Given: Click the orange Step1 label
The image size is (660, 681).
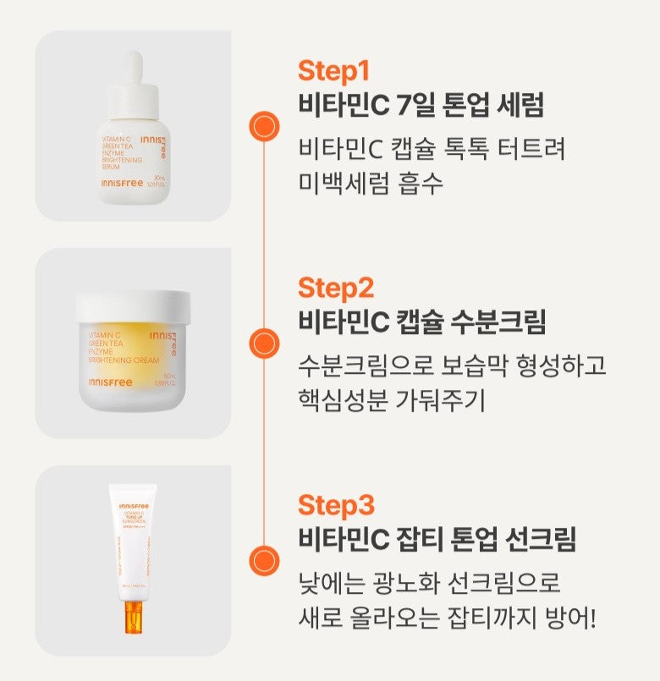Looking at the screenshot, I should pyautogui.click(x=333, y=70).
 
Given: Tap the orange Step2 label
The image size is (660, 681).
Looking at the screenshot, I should pyautogui.click(x=335, y=288).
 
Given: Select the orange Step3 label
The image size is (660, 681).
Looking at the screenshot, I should pyautogui.click(x=335, y=505).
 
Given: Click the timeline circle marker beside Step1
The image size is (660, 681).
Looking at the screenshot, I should pyautogui.click(x=264, y=126).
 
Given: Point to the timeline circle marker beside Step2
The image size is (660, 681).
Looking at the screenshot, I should pyautogui.click(x=264, y=343).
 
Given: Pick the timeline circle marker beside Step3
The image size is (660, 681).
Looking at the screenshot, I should pyautogui.click(x=264, y=561).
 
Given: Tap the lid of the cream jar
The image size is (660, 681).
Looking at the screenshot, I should pyautogui.click(x=133, y=306).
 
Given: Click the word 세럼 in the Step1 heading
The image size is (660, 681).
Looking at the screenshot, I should pyautogui.click(x=517, y=105).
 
